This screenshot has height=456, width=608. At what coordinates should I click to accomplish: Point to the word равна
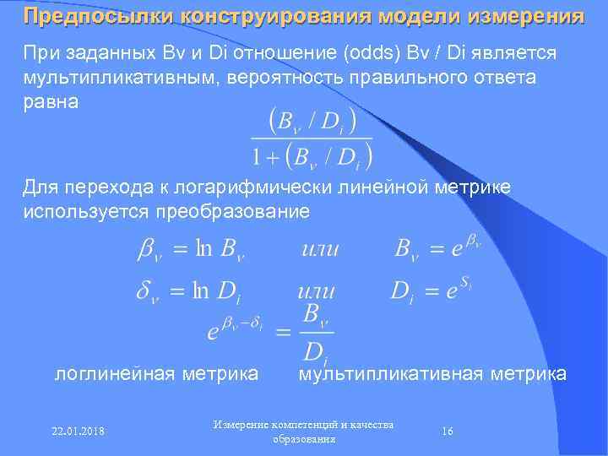point(51,101)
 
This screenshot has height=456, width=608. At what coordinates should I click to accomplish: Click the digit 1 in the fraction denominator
point(256,156)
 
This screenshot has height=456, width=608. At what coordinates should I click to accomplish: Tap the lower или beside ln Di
point(316,293)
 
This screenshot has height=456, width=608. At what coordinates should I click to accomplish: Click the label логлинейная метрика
point(156,372)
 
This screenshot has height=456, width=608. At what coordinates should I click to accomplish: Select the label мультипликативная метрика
point(432,372)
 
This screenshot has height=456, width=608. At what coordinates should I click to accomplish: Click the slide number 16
point(448,432)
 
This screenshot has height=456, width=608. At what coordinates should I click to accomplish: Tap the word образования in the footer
point(304,439)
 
